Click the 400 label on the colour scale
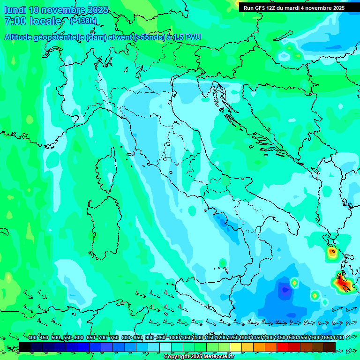pyautogui.click(x=32, y=337)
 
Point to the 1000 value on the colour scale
pyautogui.click(x=174, y=337)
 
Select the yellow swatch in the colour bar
pyautogui.click(x=236, y=347)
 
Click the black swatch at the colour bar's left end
pyautogui.click(x=25, y=347)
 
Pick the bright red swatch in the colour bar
pyautogui.click(x=283, y=347)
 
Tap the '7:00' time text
pyautogui.click(x=14, y=21)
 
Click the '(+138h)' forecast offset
pyautogui.click(x=83, y=21)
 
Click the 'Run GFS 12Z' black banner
pyautogui.click(x=294, y=8)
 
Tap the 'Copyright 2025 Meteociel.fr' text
pyautogui.click(x=199, y=357)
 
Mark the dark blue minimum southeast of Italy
pyautogui.click(x=284, y=291)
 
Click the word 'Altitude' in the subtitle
pyautogui.click(x=18, y=37)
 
